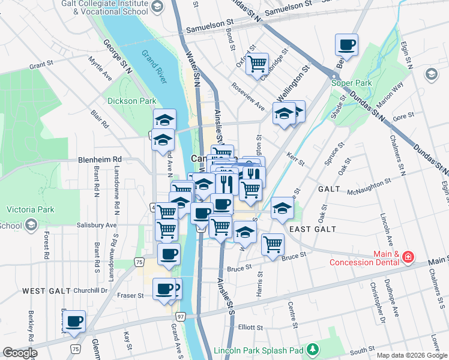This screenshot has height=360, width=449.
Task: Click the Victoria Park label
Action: pos(30,209)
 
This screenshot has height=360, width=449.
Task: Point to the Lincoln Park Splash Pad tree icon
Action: pos(312,349)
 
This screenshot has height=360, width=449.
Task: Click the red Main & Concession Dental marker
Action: pos(408,257)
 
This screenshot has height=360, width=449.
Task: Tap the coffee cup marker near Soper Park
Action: pos(346,44)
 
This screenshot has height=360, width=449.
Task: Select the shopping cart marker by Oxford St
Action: pos(257,64)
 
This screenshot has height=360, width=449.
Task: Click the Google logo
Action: pos(20,353)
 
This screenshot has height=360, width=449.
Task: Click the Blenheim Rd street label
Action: pos(100,160)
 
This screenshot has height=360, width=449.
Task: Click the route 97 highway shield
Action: pos(181,316)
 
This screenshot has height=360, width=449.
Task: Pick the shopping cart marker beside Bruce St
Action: pos(273,244)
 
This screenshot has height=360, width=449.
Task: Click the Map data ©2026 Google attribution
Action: pos(412,355)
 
